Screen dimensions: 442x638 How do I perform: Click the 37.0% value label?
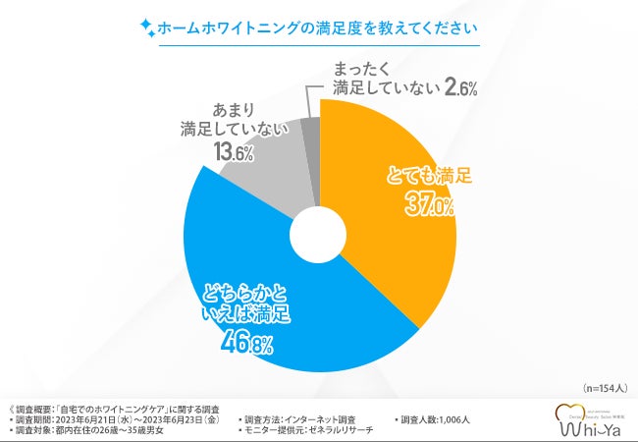click(x=429, y=203)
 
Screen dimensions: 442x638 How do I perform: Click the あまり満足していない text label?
click(x=233, y=117)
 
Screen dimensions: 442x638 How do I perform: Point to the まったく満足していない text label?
click(x=378, y=79)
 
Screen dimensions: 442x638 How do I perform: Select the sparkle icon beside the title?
click(x=146, y=27)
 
